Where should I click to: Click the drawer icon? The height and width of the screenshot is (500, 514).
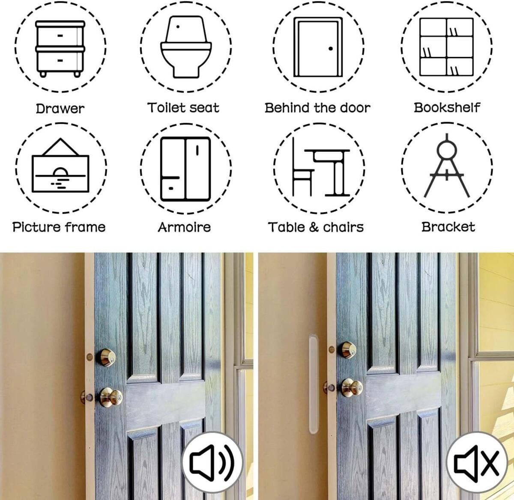click(x=60, y=49)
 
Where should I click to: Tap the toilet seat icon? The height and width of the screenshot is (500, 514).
click(x=186, y=47)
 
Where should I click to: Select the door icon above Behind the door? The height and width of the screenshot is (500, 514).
click(x=318, y=47)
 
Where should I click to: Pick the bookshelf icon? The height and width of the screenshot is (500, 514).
click(x=446, y=47)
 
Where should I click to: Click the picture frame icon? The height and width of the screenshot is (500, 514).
click(x=60, y=166)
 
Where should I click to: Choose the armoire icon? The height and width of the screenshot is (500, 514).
click(x=185, y=169)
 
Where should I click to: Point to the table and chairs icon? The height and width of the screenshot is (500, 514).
click(x=321, y=167)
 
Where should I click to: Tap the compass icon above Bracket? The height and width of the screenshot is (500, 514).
click(x=447, y=166)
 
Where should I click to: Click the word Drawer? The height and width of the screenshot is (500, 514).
click(x=60, y=109)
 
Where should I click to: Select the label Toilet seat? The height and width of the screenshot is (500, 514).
click(x=183, y=108)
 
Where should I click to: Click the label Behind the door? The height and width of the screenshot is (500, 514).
click(x=317, y=108)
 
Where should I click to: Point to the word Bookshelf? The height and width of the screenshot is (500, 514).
click(x=447, y=108)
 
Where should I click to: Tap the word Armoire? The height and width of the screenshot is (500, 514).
click(x=184, y=227)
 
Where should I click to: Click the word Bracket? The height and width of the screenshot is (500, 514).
click(x=448, y=227)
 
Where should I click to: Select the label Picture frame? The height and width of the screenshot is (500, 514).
click(x=59, y=227)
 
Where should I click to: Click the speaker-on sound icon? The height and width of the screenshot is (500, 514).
click(x=212, y=462)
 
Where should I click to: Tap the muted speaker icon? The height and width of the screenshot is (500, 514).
click(x=477, y=462)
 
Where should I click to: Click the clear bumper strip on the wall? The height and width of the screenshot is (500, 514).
click(x=314, y=384)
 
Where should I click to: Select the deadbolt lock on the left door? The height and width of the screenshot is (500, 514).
click(x=106, y=358)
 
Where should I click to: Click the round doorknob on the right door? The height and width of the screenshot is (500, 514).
click(x=352, y=388)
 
